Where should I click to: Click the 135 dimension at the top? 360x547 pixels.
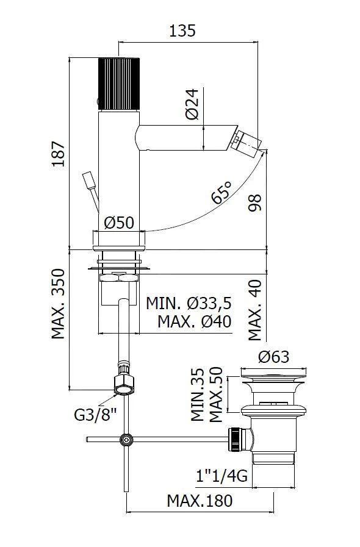tap(182, 30)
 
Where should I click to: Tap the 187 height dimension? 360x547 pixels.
tap(59, 154)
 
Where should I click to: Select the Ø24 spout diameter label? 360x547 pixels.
tap(192, 104)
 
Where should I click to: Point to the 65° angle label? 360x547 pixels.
tap(221, 192)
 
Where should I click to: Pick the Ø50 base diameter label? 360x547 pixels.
tap(119, 222)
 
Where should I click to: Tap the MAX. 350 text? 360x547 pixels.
tap(59, 304)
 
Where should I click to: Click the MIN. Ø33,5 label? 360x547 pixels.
tap(189, 303)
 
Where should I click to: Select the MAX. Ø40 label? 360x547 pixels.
tap(194, 321)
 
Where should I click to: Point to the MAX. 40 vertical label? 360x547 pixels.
tap(255, 310)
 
